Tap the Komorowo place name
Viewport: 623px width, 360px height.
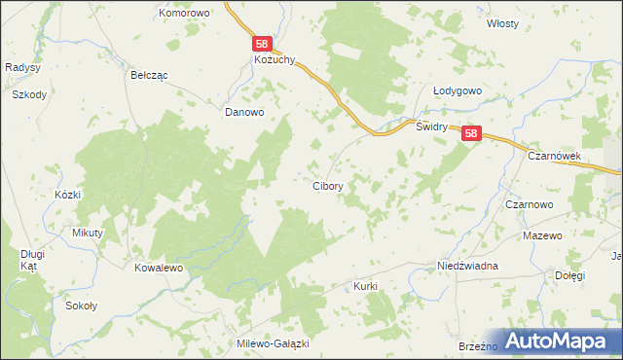(x=185, y=13)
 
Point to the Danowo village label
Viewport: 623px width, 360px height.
(x=244, y=112)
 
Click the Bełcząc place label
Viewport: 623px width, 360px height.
(x=149, y=74)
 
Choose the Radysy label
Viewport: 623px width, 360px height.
(x=21, y=67)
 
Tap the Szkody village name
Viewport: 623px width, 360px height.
(x=29, y=94)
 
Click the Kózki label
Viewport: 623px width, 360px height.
(x=67, y=195)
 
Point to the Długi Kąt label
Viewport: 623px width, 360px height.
(x=33, y=260)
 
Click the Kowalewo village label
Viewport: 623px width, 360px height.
(x=160, y=267)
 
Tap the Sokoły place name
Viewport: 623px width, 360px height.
(x=81, y=306)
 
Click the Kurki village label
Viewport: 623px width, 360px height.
(x=365, y=286)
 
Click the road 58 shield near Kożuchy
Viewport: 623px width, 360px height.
(x=262, y=44)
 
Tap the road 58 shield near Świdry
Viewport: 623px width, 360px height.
(x=471, y=134)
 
